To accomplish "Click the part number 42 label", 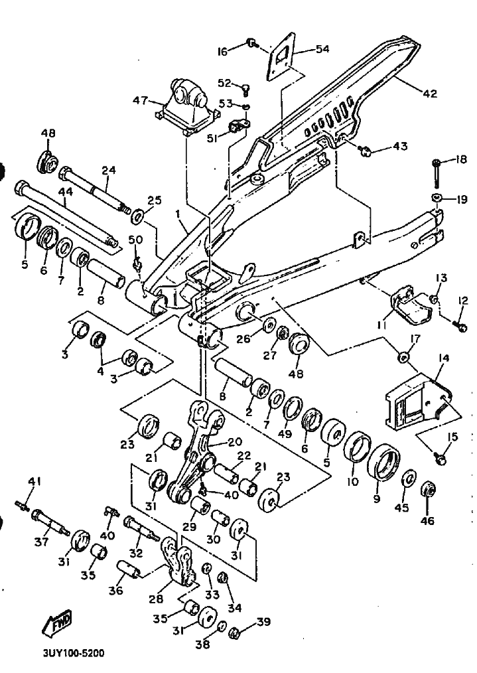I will coord(430,94).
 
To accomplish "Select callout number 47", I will coord(140,100).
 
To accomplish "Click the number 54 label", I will coord(322,49).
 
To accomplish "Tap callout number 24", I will coord(109,169).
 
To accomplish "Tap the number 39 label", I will coord(264,621).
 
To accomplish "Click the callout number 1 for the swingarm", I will coord(178,214).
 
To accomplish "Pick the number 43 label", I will coord(399,145).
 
